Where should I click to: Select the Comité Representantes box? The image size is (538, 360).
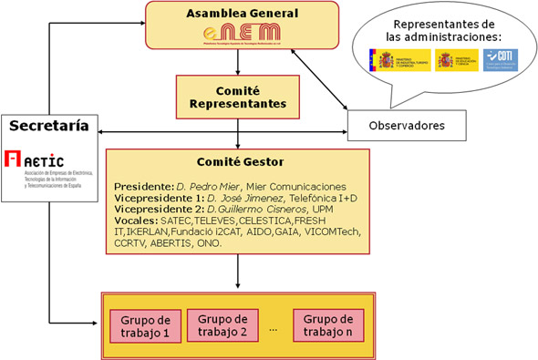(x=238, y=97)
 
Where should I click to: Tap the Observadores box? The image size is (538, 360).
(x=406, y=124)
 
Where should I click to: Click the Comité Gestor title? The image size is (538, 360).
(x=238, y=161)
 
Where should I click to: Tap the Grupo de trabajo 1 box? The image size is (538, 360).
(x=143, y=325)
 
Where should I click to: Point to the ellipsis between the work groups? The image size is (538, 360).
(x=271, y=326)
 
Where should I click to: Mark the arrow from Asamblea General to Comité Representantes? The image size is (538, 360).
(x=238, y=62)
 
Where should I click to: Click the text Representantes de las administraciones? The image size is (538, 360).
(x=436, y=30)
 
